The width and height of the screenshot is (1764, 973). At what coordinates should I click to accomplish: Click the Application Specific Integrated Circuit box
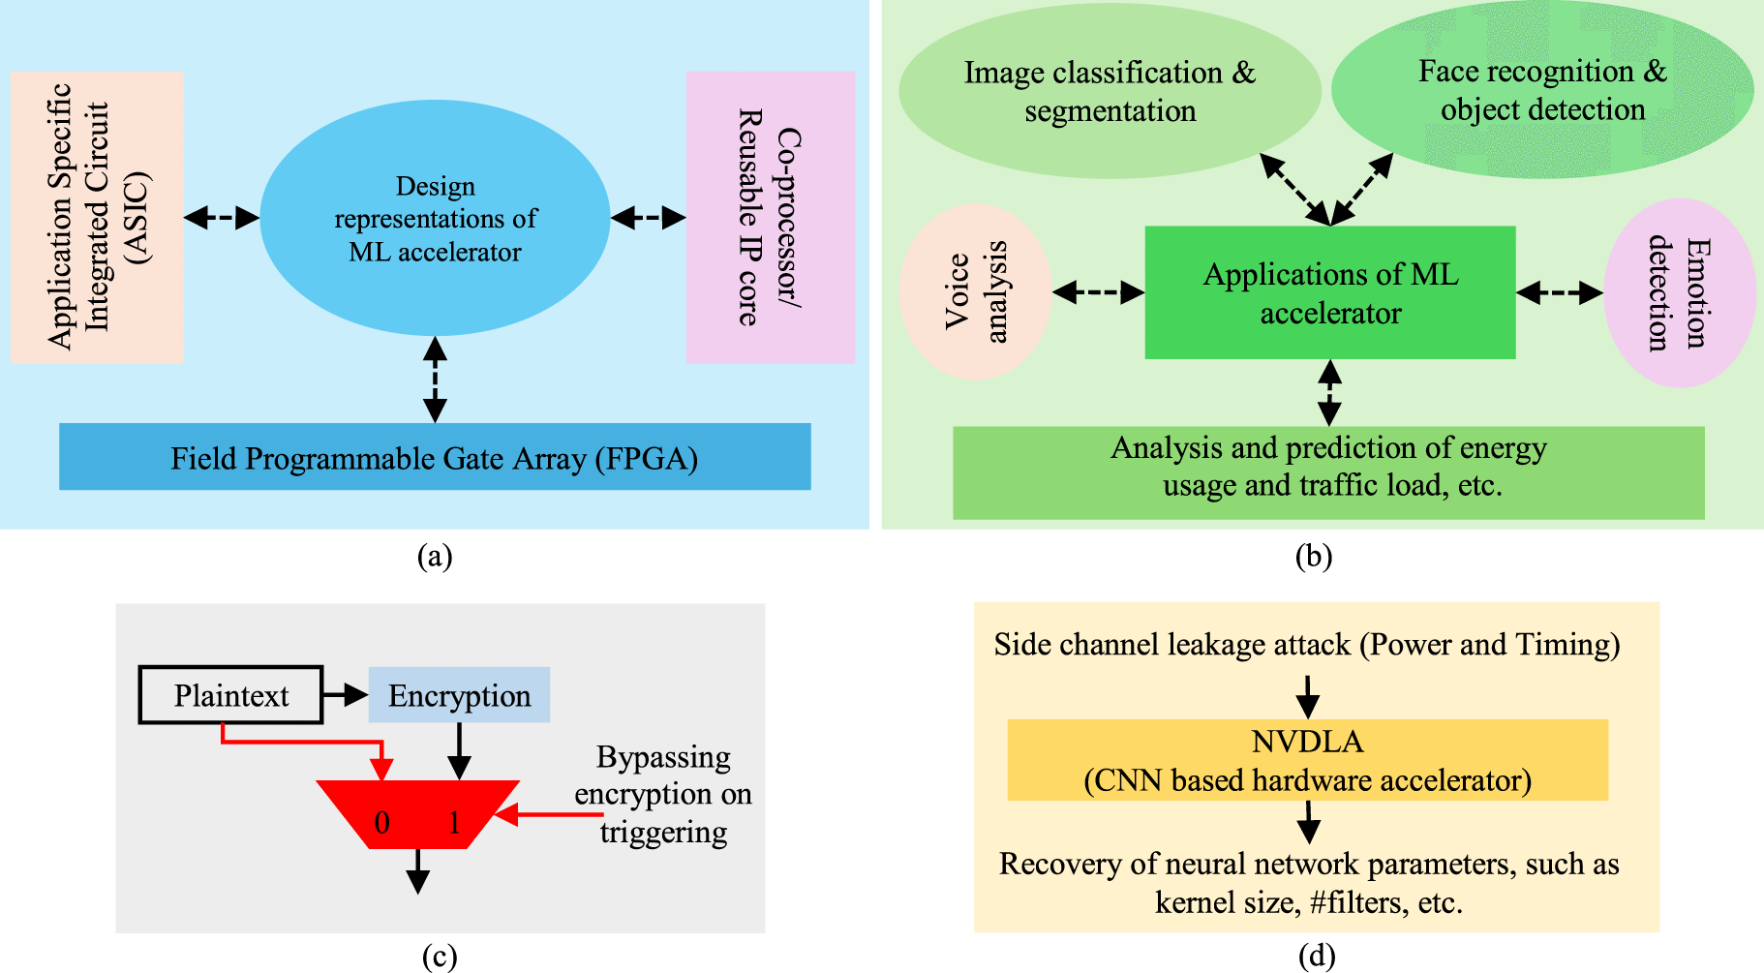(x=97, y=217)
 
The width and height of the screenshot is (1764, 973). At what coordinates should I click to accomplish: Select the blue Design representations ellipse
(x=435, y=219)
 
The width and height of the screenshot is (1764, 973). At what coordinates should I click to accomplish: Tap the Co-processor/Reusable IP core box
(x=770, y=217)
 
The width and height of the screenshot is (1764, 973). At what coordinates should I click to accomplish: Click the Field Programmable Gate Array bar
(x=435, y=457)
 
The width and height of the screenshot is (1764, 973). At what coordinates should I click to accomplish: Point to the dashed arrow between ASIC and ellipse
(x=222, y=218)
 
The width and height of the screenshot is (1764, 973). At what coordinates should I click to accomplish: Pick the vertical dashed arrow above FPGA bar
(x=435, y=380)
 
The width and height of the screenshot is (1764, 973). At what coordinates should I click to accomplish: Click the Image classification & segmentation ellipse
(x=1110, y=92)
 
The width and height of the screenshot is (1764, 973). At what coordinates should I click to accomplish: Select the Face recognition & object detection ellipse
(x=1542, y=90)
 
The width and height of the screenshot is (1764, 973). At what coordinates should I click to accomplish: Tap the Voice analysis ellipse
(x=975, y=291)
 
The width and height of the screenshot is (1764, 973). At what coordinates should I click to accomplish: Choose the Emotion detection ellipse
(x=1679, y=292)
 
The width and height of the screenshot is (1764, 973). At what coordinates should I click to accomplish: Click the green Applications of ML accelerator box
(x=1329, y=293)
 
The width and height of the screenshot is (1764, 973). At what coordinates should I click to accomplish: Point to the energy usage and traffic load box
(x=1328, y=472)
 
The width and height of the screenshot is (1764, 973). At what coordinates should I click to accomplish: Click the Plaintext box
(x=230, y=695)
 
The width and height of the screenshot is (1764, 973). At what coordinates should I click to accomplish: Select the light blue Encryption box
(x=459, y=695)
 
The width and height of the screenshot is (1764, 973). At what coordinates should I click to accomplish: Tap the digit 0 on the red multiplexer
(x=381, y=823)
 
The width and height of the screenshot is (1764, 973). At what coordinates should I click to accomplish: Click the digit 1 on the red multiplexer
(x=454, y=823)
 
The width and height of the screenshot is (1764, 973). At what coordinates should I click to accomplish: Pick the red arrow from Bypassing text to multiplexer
(x=549, y=815)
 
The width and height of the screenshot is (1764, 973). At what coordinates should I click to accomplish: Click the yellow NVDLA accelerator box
(x=1307, y=761)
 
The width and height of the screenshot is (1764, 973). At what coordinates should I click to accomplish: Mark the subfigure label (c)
(x=439, y=957)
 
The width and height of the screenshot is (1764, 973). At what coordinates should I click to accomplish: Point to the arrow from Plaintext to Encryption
(x=345, y=694)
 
